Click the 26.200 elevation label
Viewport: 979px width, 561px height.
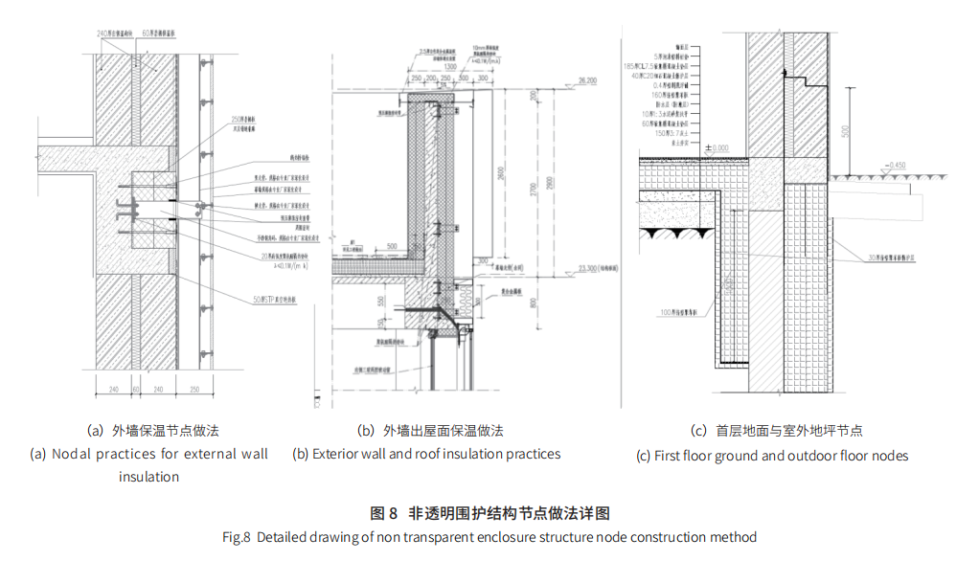(x=587, y=81)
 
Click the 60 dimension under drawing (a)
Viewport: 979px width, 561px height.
(x=136, y=390)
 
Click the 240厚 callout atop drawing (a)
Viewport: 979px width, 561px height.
(x=117, y=34)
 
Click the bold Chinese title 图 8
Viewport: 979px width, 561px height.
(x=383, y=514)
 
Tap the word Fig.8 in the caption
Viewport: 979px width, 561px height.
(x=237, y=537)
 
